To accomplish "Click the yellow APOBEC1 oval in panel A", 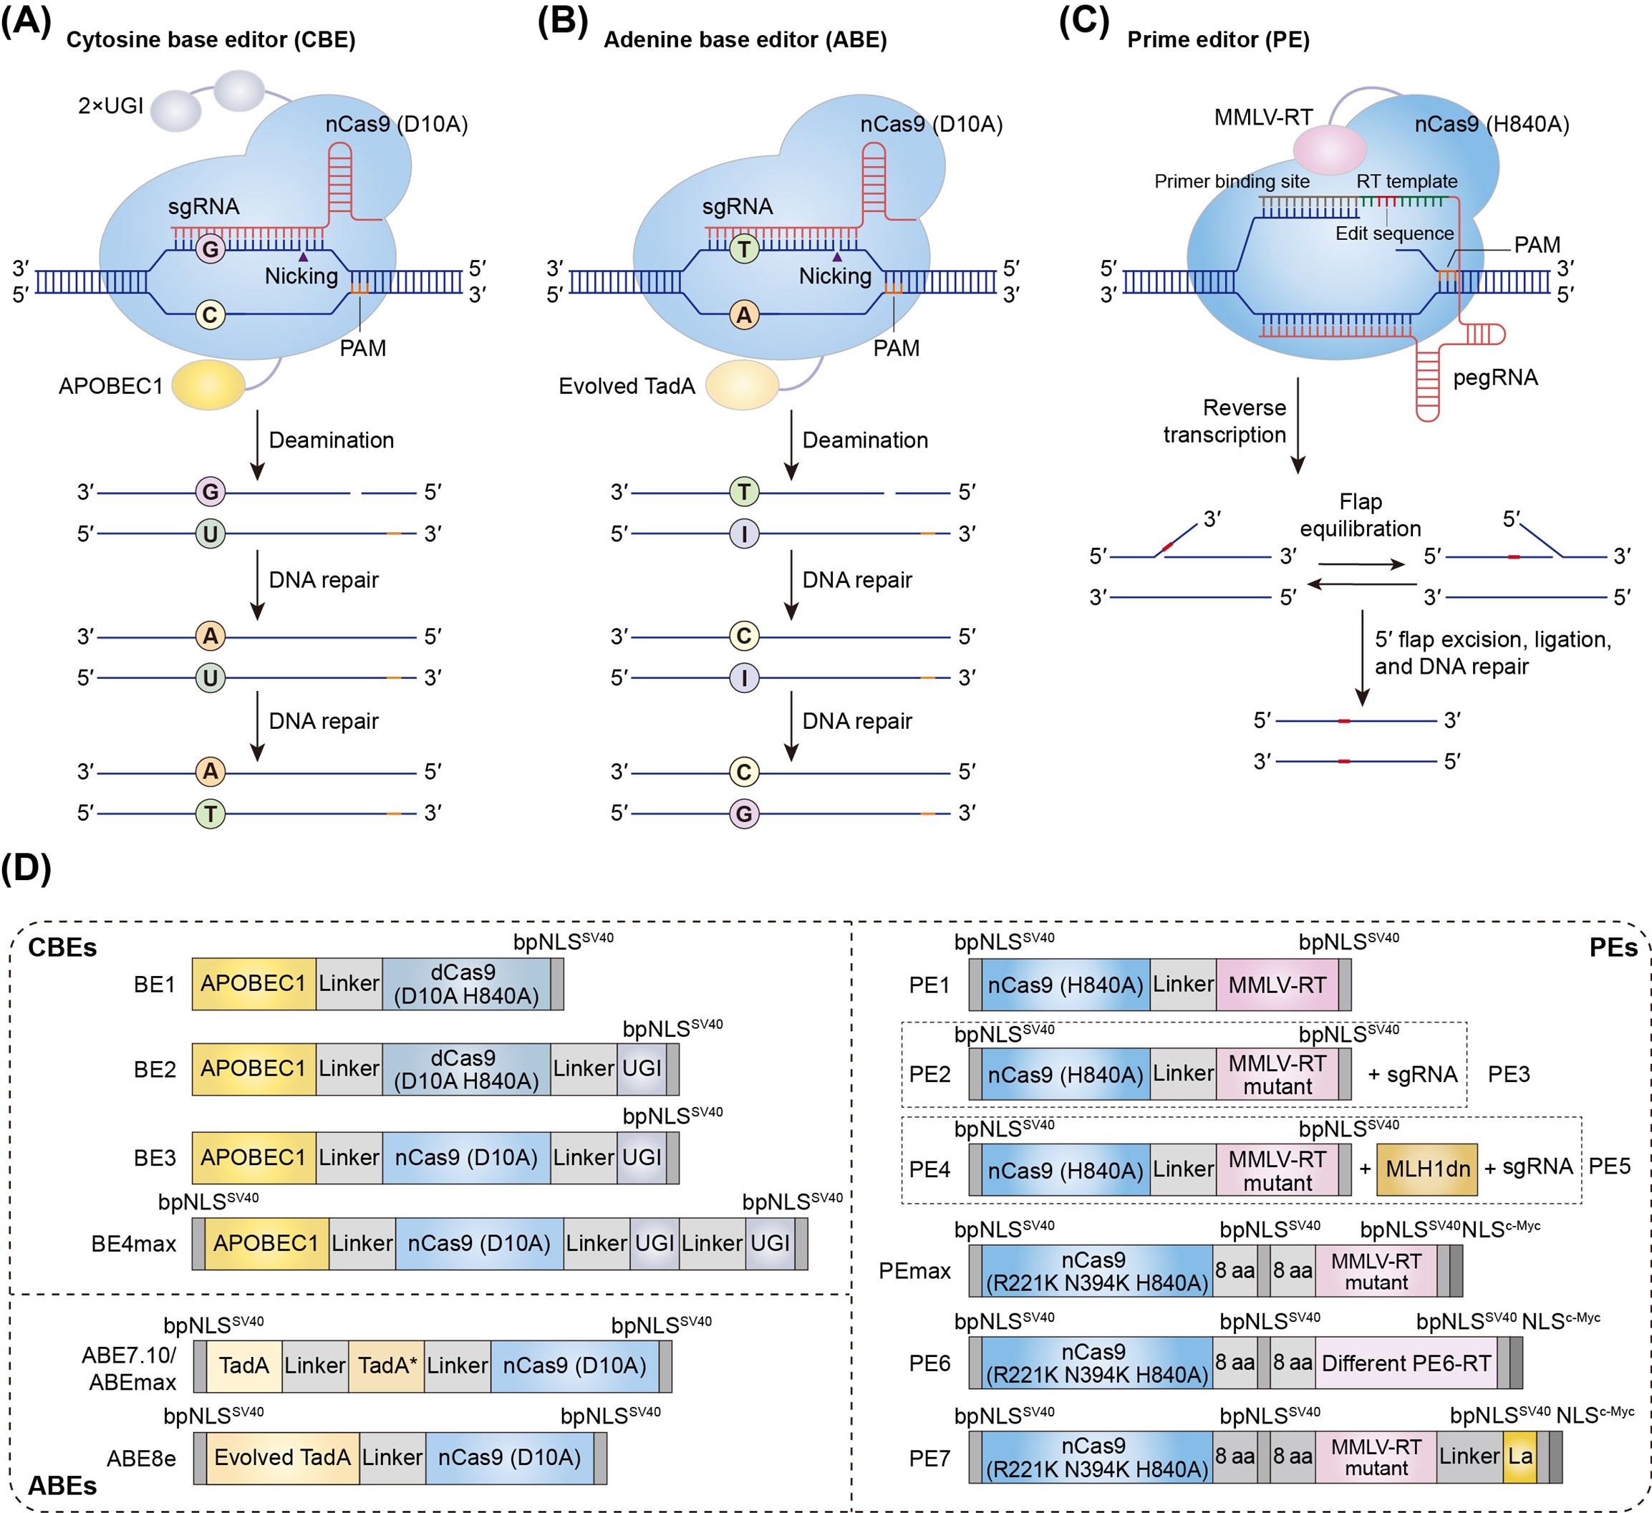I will [208, 385].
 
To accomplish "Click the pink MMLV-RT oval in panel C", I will [1329, 150].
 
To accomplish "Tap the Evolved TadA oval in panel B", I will [743, 385].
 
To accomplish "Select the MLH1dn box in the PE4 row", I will [1426, 1169].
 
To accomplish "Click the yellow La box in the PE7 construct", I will [1520, 1456].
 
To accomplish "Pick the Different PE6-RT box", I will [1406, 1363].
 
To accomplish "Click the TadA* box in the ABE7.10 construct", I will [387, 1365].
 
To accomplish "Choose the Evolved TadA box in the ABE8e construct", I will [283, 1457].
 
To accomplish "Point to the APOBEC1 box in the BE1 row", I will [253, 984].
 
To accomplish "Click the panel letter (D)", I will [26, 868].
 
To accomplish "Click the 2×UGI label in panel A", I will [110, 106].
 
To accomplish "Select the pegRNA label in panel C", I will [1495, 378].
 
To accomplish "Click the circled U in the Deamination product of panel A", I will [211, 533].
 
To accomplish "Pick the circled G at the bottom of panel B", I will [744, 814].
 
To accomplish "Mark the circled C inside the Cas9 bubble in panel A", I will [211, 315].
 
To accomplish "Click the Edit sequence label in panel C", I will [1394, 233].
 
